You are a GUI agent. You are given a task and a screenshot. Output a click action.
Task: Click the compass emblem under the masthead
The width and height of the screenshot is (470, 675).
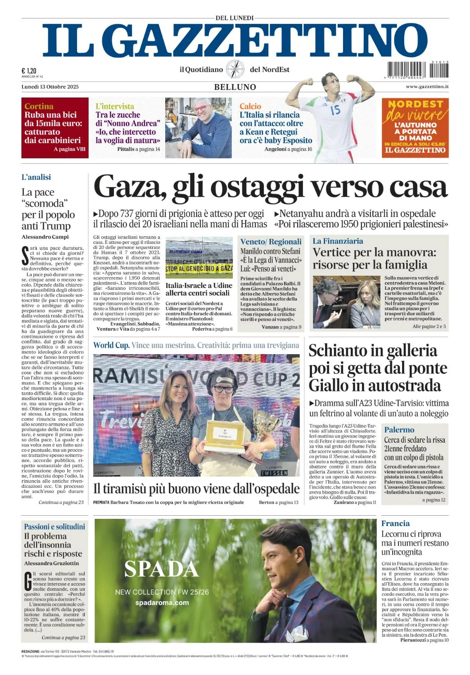pyautogui.click(x=235, y=69)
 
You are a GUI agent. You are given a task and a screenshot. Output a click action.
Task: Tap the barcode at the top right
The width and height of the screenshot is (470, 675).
pyautogui.click(x=416, y=70)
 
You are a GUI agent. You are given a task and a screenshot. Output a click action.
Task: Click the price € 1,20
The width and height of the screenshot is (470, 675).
pyautogui.click(x=29, y=71)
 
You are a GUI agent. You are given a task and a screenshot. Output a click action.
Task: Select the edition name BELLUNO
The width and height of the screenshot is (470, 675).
pyautogui.click(x=235, y=87)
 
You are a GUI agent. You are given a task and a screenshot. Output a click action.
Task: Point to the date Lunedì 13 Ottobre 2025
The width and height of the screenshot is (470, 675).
pyautogui.click(x=50, y=86)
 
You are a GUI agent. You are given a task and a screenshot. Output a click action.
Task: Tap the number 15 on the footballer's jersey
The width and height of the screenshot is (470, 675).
pyautogui.click(x=335, y=109)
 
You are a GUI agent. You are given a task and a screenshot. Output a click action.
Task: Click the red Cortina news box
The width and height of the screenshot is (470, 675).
pyautogui.click(x=54, y=127)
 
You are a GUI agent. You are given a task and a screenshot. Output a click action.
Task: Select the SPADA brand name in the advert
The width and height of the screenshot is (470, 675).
pyautogui.click(x=162, y=569)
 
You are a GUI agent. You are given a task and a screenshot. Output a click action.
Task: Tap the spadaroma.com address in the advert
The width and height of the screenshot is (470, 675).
pyautogui.click(x=162, y=603)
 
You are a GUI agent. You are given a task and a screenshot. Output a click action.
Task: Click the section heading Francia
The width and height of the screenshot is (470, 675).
pyautogui.click(x=395, y=523)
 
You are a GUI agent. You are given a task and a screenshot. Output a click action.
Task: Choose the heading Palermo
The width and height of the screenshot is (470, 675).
pyautogui.click(x=399, y=430)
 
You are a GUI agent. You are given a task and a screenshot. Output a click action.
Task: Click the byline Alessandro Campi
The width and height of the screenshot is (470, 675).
pyautogui.click(x=45, y=237)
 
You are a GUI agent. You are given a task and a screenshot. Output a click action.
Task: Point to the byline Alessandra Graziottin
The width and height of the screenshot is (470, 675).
pyautogui.click(x=51, y=563)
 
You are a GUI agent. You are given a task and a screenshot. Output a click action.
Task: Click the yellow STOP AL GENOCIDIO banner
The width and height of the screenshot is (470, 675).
pyautogui.click(x=199, y=269)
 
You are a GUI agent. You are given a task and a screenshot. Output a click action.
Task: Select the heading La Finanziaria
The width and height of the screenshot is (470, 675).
pyautogui.click(x=338, y=241)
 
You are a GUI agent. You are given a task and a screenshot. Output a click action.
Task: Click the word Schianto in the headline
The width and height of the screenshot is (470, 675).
pyautogui.click(x=338, y=351)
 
